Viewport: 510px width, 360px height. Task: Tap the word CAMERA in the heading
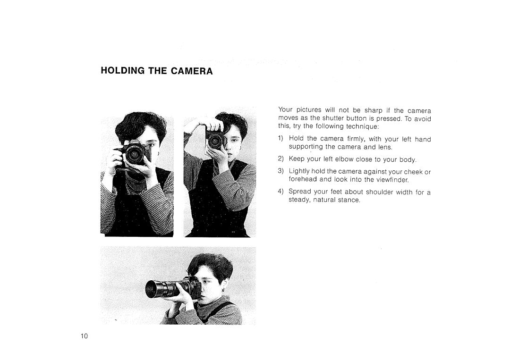194,72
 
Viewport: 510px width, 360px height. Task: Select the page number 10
84,336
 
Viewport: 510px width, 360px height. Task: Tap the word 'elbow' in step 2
351,159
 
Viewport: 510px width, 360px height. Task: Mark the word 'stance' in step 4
348,201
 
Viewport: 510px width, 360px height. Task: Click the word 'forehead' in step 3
303,180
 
